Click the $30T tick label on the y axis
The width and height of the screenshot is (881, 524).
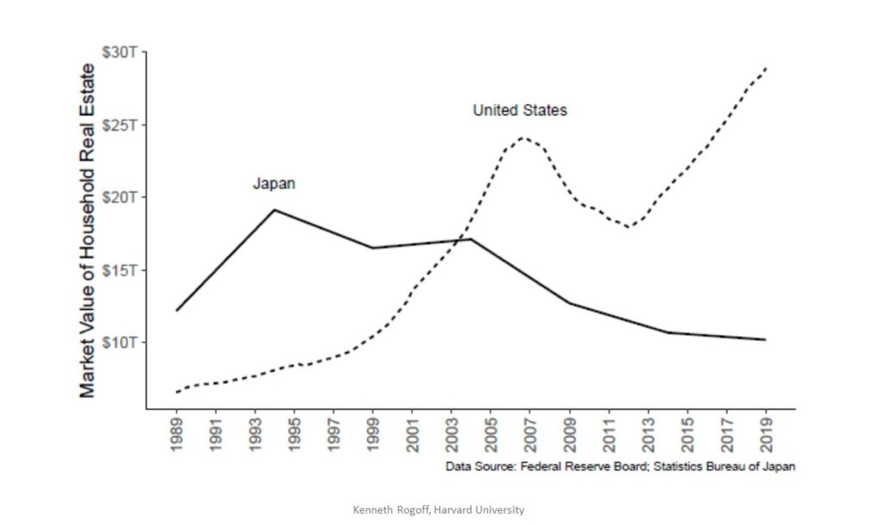tap(121, 52)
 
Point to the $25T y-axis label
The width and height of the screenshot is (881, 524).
tap(121, 125)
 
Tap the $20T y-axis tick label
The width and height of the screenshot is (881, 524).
tap(121, 197)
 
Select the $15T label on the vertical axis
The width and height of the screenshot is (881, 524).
tap(121, 270)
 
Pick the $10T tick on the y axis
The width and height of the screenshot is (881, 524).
tap(121, 342)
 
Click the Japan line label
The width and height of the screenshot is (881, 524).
tap(274, 183)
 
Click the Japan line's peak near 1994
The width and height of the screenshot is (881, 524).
tap(274, 210)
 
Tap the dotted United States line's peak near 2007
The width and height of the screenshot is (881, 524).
tap(521, 137)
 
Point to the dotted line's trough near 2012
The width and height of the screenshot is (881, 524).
tap(630, 227)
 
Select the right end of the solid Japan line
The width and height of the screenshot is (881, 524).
tap(765, 340)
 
